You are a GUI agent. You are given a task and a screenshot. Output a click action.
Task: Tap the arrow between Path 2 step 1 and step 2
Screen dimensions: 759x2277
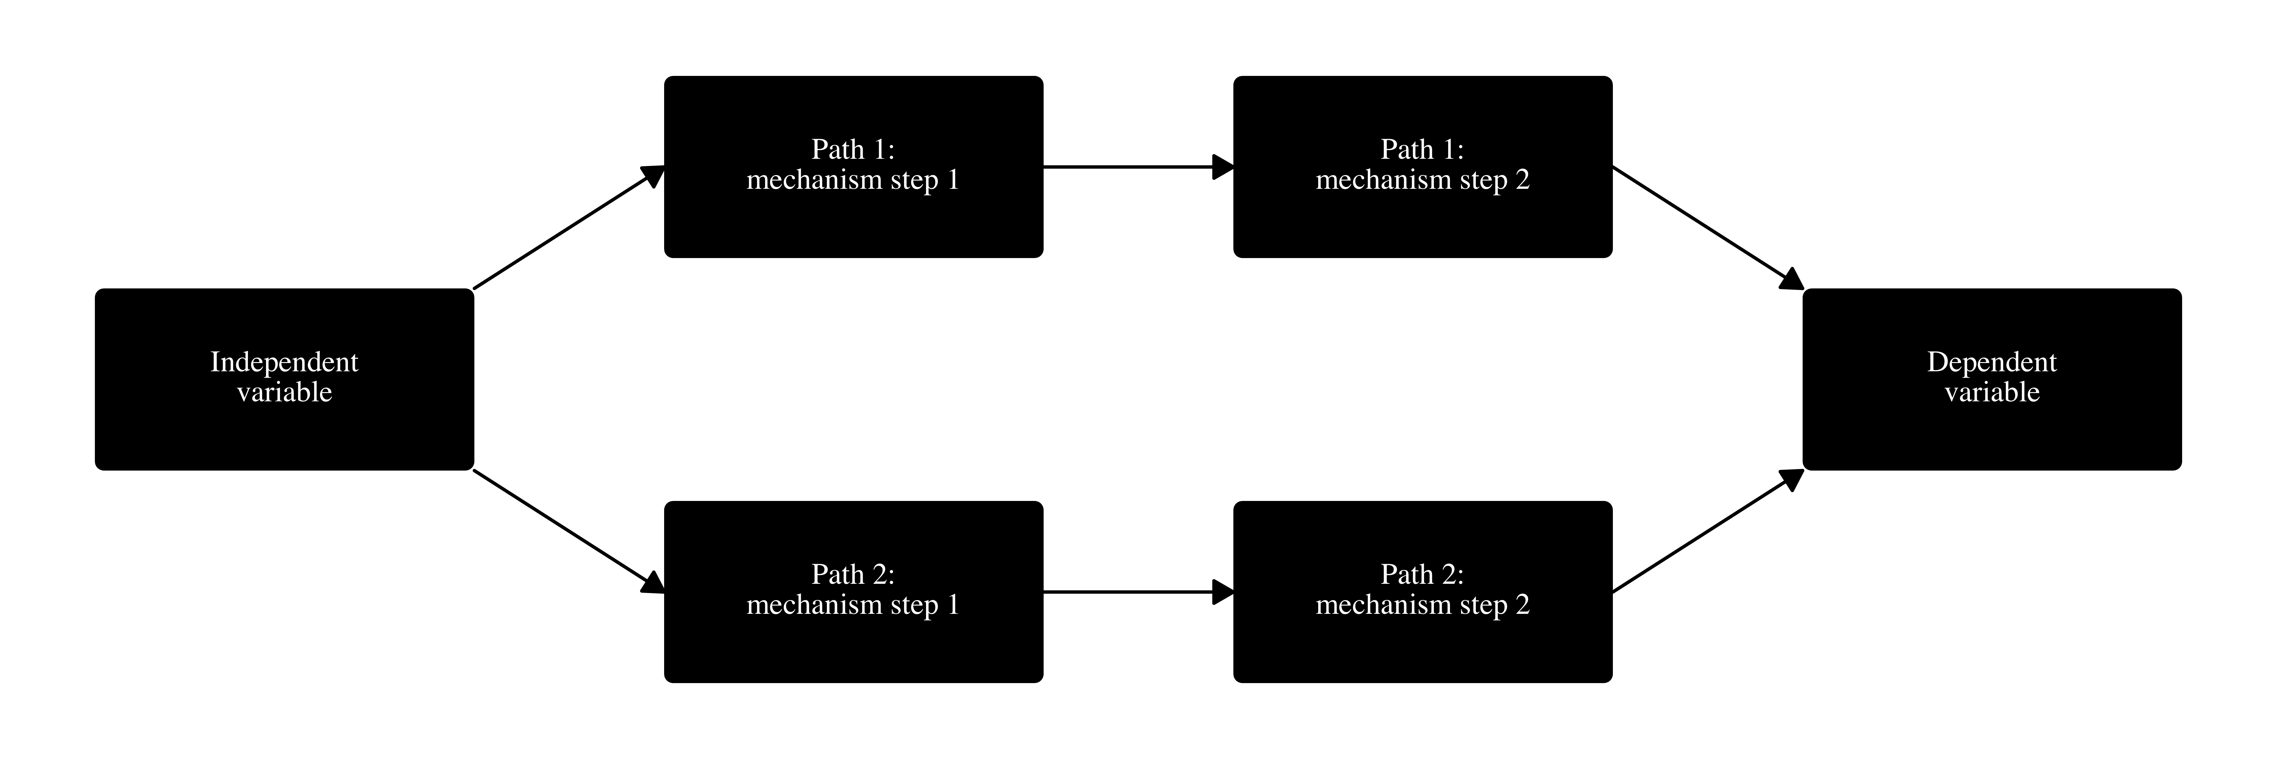[x=1132, y=592]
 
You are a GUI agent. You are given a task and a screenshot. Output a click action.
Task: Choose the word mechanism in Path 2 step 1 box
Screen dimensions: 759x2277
[x=814, y=605]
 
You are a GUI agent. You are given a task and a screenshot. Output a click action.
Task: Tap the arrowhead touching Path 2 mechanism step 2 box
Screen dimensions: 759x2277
[x=1223, y=592]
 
